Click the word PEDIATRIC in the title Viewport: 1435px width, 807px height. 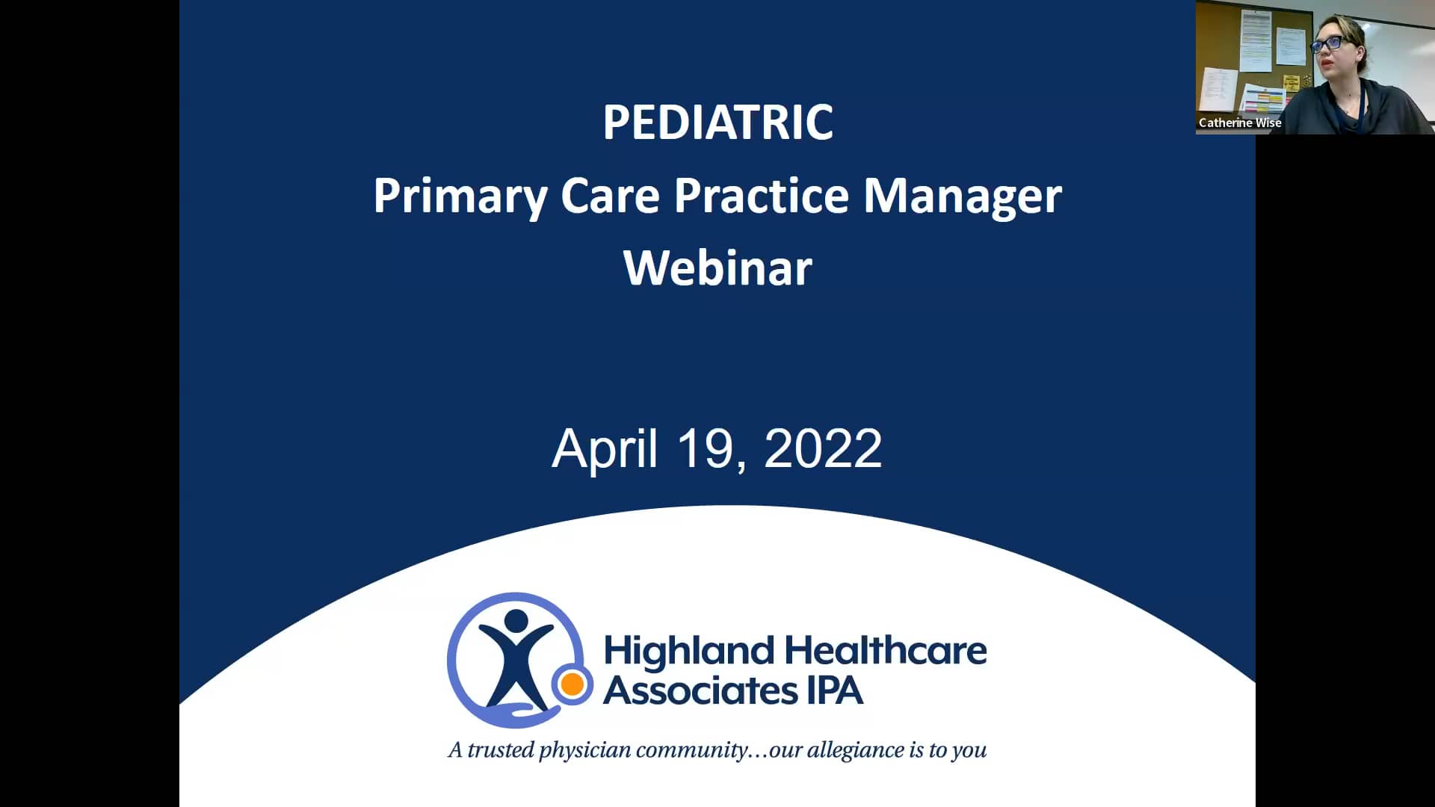pyautogui.click(x=717, y=123)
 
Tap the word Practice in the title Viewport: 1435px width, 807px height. pyautogui.click(x=762, y=196)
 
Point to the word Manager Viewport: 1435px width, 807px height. pyautogui.click(x=963, y=197)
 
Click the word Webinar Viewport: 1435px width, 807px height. pyautogui.click(x=717, y=268)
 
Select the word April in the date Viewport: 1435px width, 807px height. pyautogui.click(x=605, y=449)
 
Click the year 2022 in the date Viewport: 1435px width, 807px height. pyautogui.click(x=823, y=449)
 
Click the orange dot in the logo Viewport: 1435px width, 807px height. pyautogui.click(x=573, y=684)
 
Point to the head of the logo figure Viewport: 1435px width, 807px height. pyautogui.click(x=516, y=620)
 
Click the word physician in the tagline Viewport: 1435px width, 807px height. pyautogui.click(x=584, y=750)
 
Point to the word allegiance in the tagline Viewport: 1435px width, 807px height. pyautogui.click(x=854, y=749)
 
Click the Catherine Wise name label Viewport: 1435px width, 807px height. pyautogui.click(x=1240, y=123)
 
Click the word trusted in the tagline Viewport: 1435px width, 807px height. pyautogui.click(x=500, y=749)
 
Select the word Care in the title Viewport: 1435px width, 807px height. pyautogui.click(x=610, y=196)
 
